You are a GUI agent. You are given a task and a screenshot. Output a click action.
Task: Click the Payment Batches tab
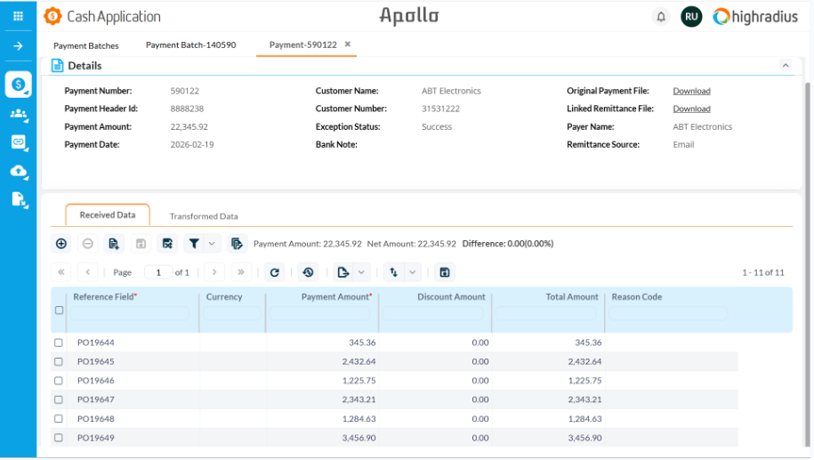point(85,45)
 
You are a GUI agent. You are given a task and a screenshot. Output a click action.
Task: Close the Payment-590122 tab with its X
point(348,44)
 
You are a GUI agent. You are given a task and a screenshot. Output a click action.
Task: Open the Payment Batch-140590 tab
point(190,44)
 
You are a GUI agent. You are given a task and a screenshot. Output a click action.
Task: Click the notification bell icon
point(661,17)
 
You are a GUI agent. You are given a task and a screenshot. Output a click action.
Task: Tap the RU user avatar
point(691,17)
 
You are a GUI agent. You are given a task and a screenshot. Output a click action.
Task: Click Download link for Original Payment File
point(691,92)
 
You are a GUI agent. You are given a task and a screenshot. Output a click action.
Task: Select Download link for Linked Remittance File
point(691,109)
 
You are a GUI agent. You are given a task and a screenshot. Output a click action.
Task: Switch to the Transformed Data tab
point(204,216)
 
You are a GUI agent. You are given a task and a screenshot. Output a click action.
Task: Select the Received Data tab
point(108,215)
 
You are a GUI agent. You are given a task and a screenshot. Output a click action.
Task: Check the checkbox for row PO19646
point(59,381)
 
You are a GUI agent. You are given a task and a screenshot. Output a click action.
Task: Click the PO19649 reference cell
point(96,438)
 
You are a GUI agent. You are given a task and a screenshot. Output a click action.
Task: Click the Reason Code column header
point(636,297)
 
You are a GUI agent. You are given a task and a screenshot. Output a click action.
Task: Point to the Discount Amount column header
point(451,297)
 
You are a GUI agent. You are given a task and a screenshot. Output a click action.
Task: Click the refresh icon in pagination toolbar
point(275,272)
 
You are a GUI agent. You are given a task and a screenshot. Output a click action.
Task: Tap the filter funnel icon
point(193,243)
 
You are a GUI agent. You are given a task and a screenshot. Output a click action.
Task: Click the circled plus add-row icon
point(61,243)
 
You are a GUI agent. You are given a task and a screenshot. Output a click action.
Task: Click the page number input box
point(158,272)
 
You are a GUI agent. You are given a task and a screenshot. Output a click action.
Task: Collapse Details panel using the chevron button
point(785,66)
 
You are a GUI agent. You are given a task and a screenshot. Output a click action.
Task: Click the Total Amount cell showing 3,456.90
point(584,438)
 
